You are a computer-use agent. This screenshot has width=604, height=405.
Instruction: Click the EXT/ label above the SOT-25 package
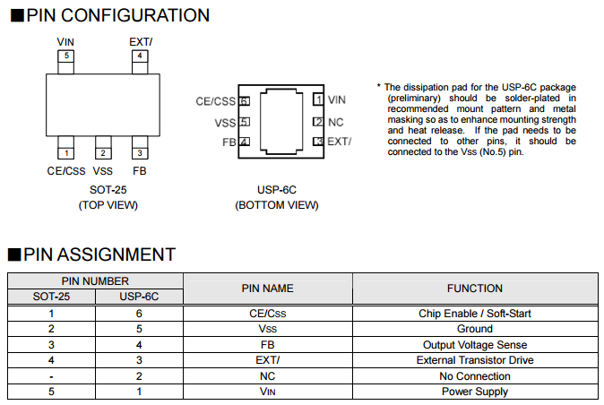141,42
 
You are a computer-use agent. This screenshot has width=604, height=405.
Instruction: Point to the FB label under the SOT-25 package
139,170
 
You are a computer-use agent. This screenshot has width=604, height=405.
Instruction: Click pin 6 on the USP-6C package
244,101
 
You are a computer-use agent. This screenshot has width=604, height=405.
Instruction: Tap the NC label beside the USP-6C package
336,121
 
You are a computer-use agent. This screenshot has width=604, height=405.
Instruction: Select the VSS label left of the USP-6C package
225,122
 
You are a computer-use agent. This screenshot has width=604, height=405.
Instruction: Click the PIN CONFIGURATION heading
117,15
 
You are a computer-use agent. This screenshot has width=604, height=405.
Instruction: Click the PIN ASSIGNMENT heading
99,254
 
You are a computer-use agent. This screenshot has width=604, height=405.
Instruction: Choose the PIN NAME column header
267,289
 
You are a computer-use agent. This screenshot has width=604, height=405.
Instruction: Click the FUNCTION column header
474,289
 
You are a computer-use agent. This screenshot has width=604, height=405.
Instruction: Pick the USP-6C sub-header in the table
139,296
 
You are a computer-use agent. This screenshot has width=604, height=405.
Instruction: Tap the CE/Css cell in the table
267,314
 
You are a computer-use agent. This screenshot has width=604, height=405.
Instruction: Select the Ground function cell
474,329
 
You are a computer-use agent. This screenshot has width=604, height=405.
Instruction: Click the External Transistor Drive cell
474,360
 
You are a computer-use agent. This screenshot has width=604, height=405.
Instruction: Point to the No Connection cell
474,375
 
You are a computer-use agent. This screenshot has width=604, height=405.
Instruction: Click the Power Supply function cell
474,392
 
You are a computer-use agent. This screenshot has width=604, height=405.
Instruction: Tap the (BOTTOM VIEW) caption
276,205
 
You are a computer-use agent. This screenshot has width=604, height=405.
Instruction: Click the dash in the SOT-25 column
51,375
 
